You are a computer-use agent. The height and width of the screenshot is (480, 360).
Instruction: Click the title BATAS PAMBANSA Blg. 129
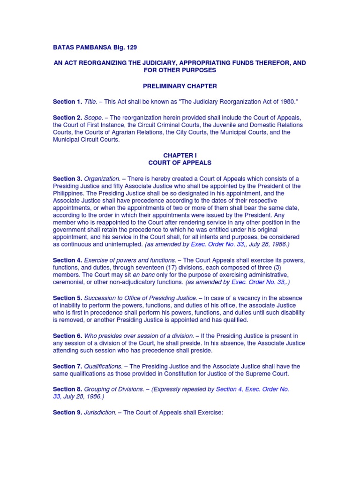tap(95, 47)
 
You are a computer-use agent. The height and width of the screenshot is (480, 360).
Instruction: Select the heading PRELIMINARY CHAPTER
tap(180, 86)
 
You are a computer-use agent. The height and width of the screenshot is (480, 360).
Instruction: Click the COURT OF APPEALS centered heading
tap(180, 163)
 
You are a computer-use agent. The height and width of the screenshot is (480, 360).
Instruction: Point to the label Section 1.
tap(67, 101)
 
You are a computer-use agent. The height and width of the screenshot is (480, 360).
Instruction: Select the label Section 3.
tap(67, 178)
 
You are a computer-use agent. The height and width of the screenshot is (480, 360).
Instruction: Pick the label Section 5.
tap(67, 298)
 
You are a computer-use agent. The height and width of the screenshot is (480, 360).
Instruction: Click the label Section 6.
tap(67, 336)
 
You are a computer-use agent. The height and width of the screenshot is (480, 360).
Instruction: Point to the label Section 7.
tap(67, 366)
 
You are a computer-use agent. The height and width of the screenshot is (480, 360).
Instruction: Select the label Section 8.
tap(67, 389)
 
